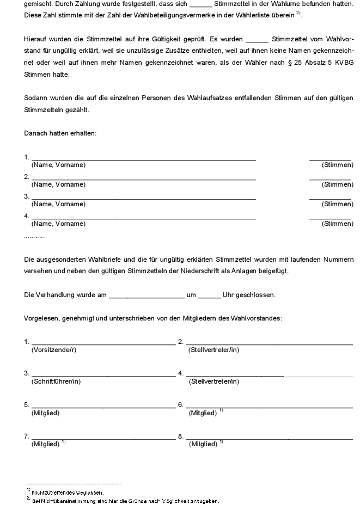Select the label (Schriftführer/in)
point(56,381)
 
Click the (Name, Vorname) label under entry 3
point(58,204)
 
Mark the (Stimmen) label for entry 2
point(337,184)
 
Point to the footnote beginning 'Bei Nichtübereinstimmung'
point(125,501)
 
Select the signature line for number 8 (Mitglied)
point(269,439)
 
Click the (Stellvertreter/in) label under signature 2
point(214,350)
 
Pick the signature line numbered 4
point(235,375)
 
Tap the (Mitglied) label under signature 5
point(45,413)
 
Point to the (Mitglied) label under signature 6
point(203,413)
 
